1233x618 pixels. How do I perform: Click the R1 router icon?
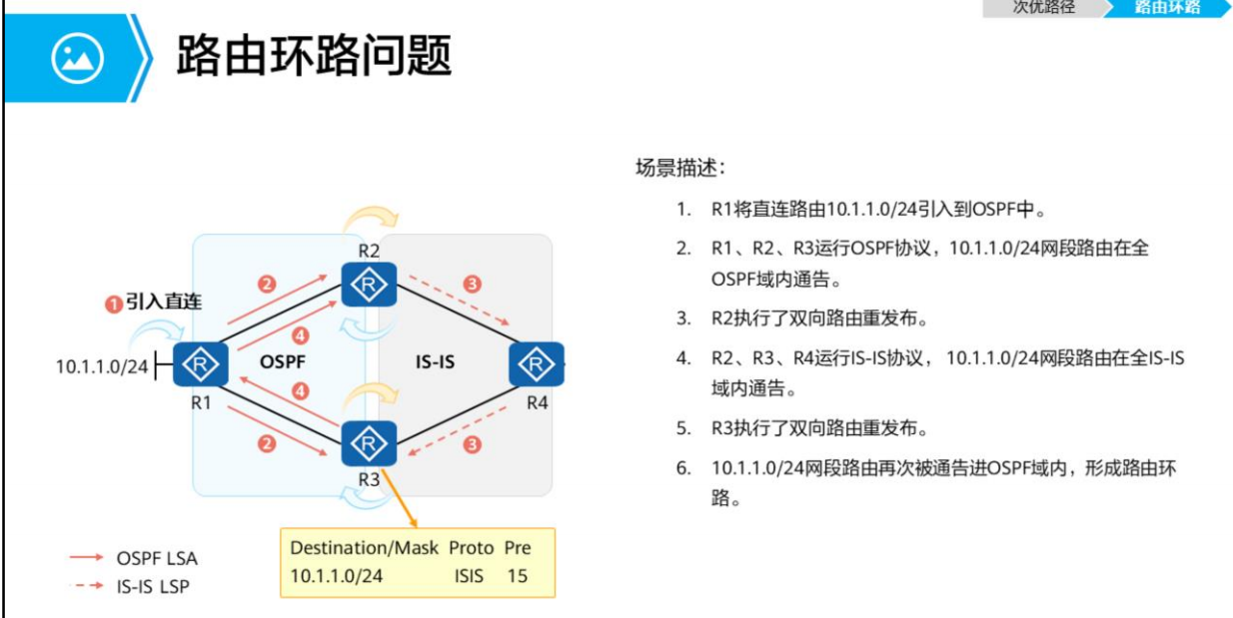coord(200,363)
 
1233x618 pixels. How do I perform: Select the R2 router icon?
coord(369,285)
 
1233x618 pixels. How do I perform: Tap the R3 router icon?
coord(369,443)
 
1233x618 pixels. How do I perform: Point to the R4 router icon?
coord(537,363)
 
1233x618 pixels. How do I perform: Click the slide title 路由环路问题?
coord(314,55)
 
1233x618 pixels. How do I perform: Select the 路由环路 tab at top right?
coord(1166,7)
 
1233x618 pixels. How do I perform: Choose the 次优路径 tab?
coord(1043,7)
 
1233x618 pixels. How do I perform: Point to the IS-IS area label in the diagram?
coord(435,361)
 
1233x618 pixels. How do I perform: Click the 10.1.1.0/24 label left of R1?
coord(101,366)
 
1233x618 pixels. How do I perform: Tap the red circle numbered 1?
coord(114,303)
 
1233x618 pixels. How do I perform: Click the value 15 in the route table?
coord(517,576)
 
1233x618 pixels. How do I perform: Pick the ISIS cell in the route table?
coord(469,576)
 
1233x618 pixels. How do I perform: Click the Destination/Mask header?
coord(362,548)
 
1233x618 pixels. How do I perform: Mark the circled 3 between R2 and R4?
coord(473,285)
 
